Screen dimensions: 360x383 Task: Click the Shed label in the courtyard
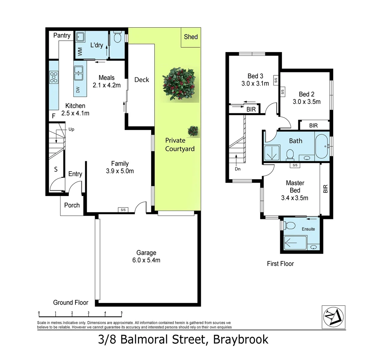(x=191, y=37)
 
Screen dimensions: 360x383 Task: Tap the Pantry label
(x=62, y=35)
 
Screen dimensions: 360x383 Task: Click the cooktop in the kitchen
(x=54, y=77)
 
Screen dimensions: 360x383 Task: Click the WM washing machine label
(x=80, y=51)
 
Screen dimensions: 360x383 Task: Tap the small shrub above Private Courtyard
(x=193, y=131)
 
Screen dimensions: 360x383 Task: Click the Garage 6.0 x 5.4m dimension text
(x=146, y=260)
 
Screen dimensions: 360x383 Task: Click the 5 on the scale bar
(x=122, y=313)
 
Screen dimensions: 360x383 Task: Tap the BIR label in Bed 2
(x=313, y=126)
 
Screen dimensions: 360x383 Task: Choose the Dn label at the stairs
(x=238, y=169)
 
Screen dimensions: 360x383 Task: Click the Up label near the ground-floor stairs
(x=71, y=129)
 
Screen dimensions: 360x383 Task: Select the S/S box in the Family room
(x=123, y=210)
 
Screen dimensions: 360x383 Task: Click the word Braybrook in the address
(x=241, y=340)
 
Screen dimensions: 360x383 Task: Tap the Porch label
(x=72, y=205)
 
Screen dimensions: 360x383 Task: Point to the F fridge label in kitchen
(x=53, y=116)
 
